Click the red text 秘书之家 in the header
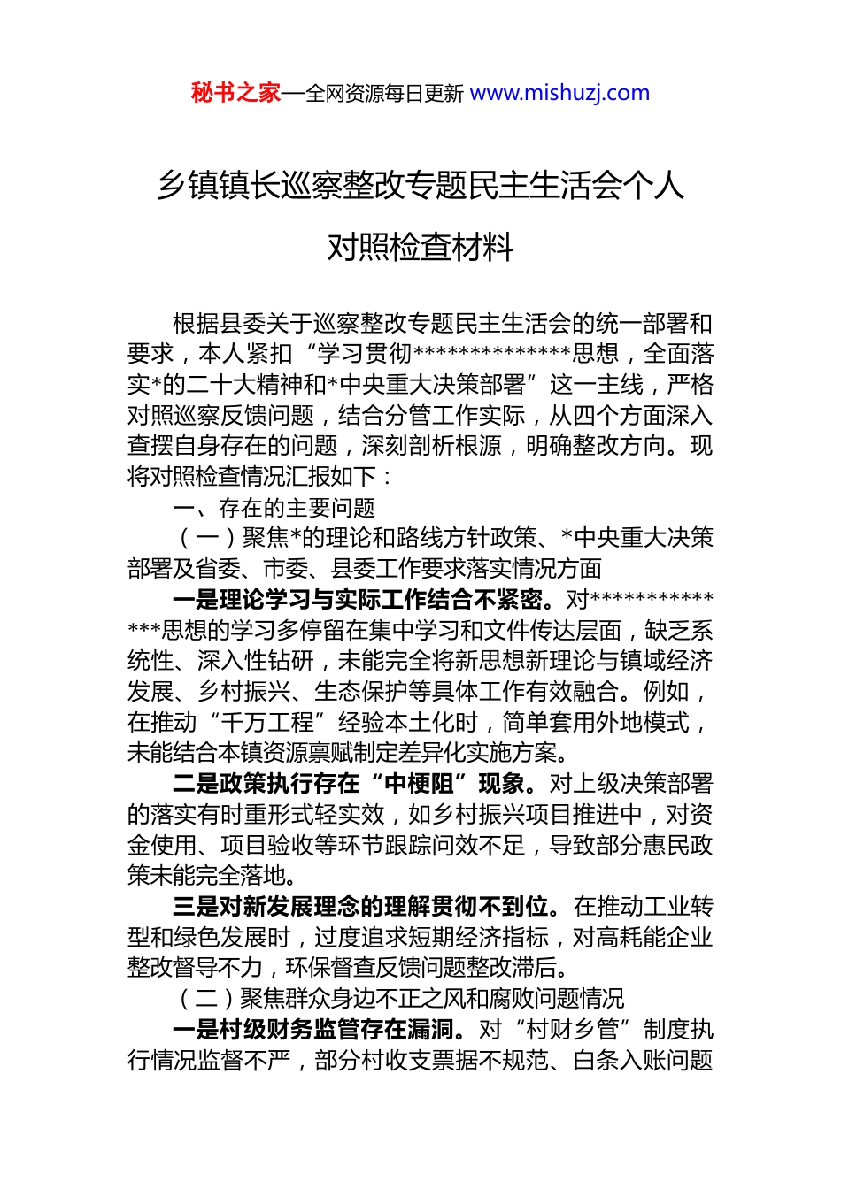(x=235, y=93)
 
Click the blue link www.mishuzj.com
(x=559, y=93)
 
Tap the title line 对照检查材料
(x=420, y=247)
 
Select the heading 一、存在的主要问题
(x=274, y=508)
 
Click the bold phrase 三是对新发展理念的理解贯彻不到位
(x=366, y=907)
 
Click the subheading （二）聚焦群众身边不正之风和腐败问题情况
(x=403, y=999)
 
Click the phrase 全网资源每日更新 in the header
(x=383, y=94)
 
